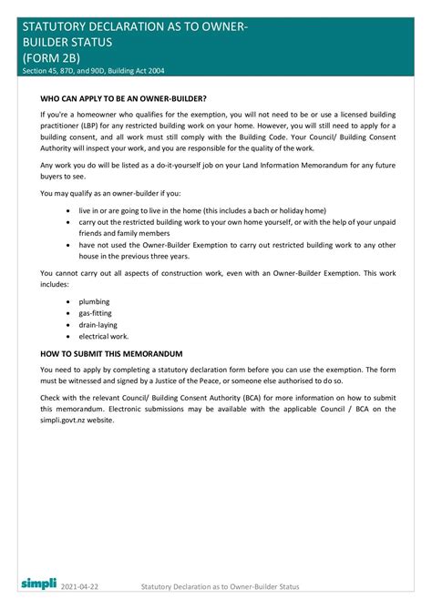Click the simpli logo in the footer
point(38,581)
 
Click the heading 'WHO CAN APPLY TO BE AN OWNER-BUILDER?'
point(123,96)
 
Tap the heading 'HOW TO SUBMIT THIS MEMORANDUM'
point(112,352)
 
